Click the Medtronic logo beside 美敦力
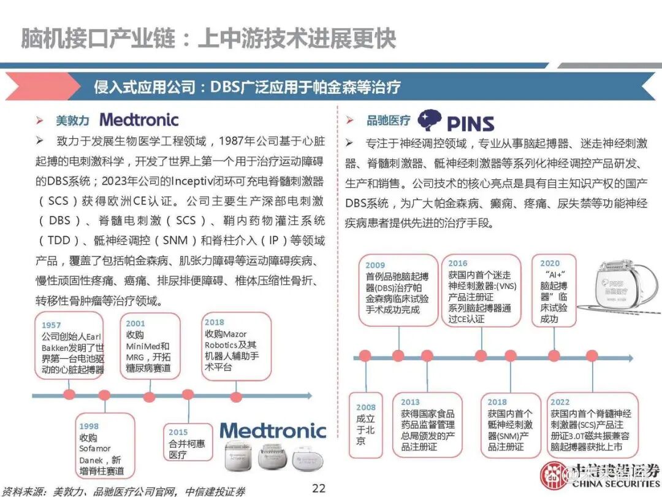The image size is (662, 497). pyautogui.click(x=139, y=120)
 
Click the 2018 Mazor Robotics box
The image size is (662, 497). pyautogui.click(x=236, y=345)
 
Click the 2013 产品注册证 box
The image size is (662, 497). pyautogui.click(x=428, y=425)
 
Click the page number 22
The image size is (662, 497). pyautogui.click(x=319, y=488)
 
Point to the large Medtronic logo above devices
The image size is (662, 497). pyautogui.click(x=273, y=430)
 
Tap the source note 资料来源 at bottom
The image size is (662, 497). pyautogui.click(x=123, y=490)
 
